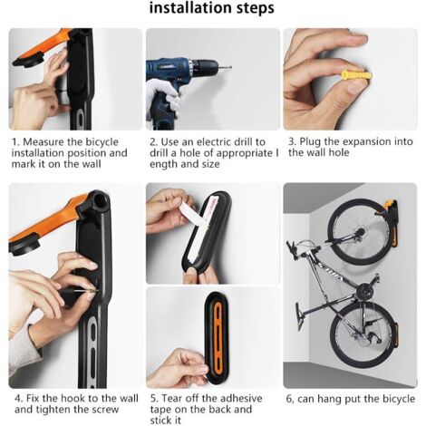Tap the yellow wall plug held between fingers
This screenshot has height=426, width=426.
coord(356,75)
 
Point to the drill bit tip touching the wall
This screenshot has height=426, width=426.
coord(230,67)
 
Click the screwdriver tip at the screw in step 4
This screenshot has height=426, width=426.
coord(96,291)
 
